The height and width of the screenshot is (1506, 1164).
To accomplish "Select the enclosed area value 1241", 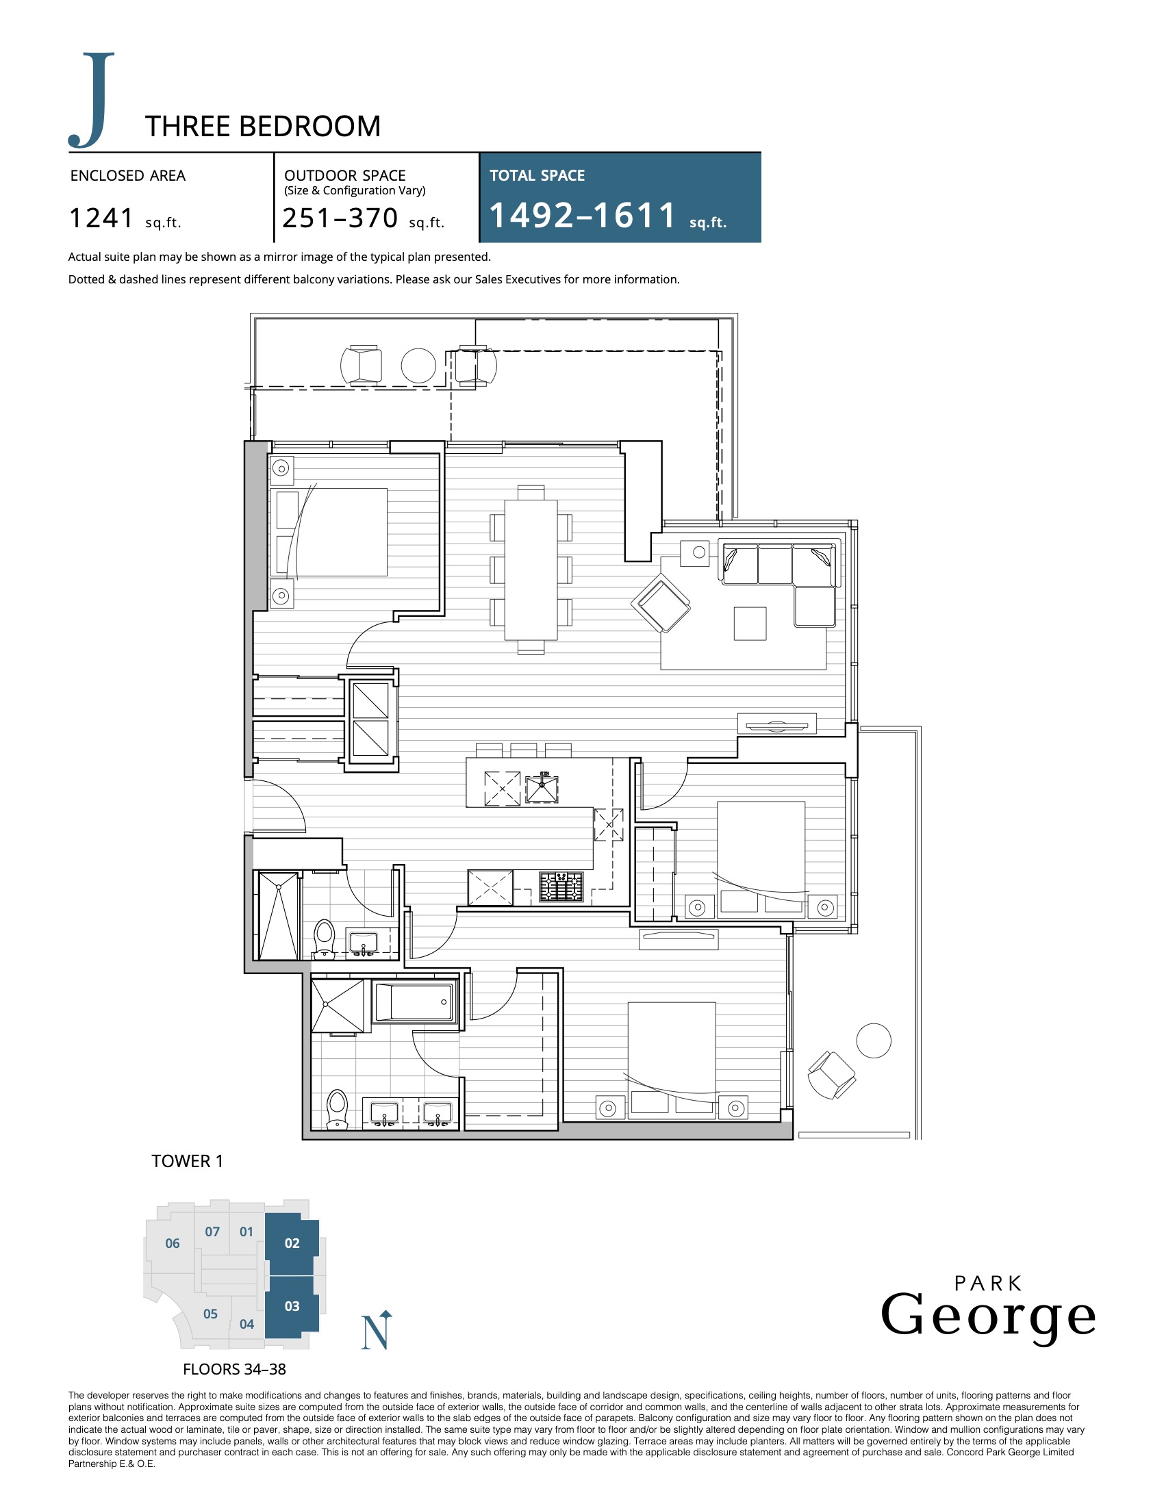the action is click(101, 218).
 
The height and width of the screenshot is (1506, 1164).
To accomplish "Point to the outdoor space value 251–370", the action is click(340, 218).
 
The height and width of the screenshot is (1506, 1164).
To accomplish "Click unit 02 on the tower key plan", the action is click(292, 1242).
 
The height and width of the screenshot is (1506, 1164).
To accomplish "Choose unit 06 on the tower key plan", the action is click(173, 1242).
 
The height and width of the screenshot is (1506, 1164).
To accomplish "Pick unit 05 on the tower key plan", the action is click(210, 1314).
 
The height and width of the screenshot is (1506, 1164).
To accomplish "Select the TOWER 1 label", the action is click(188, 1161).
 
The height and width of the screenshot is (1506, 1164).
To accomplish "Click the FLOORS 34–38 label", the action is click(234, 1369).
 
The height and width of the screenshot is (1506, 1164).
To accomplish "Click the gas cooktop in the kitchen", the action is click(561, 886).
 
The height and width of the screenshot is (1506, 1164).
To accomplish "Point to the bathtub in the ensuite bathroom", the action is click(414, 1001).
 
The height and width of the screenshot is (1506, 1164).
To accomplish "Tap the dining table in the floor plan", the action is click(531, 570).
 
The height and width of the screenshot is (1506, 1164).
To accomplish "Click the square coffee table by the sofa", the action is click(750, 624).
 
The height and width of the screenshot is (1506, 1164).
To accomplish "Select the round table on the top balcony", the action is click(418, 366).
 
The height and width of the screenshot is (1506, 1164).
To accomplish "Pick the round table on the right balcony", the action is click(874, 1041).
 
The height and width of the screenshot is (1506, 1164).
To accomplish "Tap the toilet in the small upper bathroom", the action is click(324, 938).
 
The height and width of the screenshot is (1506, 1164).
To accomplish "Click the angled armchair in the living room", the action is click(661, 602).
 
